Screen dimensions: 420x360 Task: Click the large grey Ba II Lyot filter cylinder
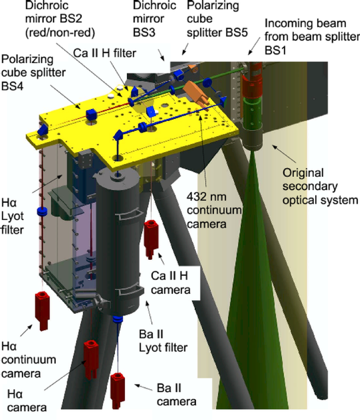(121, 241)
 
